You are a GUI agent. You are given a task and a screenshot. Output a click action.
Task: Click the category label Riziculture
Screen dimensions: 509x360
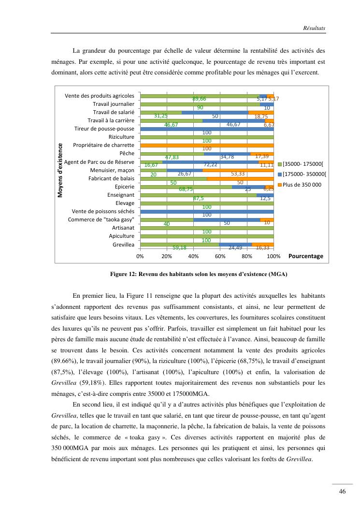tap(121, 137)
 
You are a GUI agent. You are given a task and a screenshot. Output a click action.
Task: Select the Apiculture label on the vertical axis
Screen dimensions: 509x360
tap(121, 236)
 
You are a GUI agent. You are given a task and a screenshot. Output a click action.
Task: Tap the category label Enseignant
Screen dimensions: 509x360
tap(121, 195)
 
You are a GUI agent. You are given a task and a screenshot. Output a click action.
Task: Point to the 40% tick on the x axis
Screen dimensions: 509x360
tap(193, 256)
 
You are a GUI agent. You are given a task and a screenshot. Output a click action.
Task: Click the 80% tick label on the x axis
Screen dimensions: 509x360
tap(247, 256)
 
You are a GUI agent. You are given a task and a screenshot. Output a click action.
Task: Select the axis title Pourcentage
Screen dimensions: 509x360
tap(305, 256)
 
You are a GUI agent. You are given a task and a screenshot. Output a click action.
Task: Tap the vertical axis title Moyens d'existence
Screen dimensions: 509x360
tap(61, 170)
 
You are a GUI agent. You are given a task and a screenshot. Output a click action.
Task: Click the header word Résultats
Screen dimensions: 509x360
tap(314, 29)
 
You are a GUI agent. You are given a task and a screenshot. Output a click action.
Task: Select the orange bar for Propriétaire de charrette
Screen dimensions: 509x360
tap(207, 145)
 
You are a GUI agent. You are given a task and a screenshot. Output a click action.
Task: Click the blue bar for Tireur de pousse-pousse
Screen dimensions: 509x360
tap(207, 129)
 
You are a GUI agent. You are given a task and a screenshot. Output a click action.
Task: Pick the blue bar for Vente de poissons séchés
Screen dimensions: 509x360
tap(207, 211)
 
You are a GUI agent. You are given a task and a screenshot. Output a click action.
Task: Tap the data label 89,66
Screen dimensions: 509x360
tap(199, 99)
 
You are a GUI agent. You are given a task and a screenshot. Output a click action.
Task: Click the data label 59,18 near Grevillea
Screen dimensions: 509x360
tap(179, 247)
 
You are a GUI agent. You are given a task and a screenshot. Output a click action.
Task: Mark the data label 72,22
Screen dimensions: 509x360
tap(210, 165)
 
